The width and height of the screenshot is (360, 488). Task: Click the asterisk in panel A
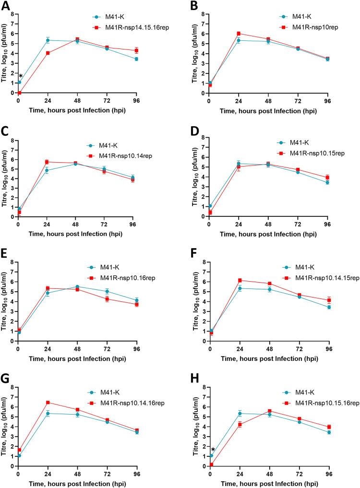pos(21,76)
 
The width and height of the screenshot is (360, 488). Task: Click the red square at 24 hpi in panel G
pos(48,402)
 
